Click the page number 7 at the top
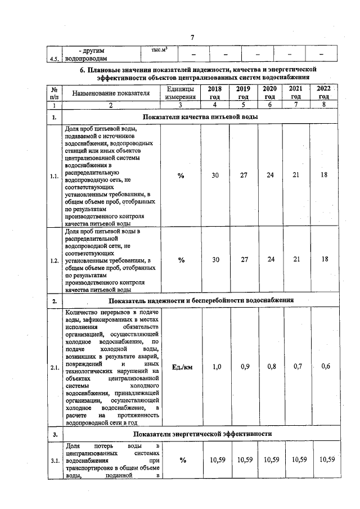192,37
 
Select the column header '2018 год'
215,93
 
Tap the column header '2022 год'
323,93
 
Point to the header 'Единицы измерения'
181,93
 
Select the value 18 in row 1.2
325,259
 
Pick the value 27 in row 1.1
243,176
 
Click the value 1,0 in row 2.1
215,367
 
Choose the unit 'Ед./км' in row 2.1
181,367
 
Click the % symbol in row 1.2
181,260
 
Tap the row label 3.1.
55,461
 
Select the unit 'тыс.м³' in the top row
160,51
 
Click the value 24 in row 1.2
271,259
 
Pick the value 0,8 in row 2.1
271,367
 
